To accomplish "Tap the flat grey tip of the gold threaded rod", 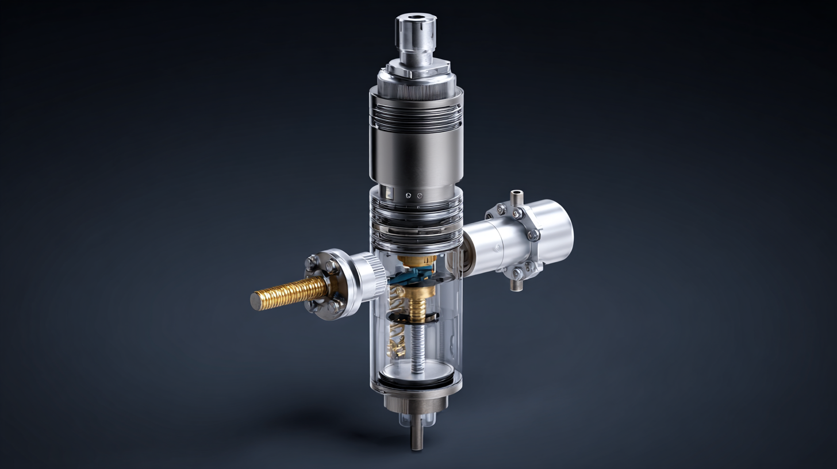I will click(256, 301).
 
